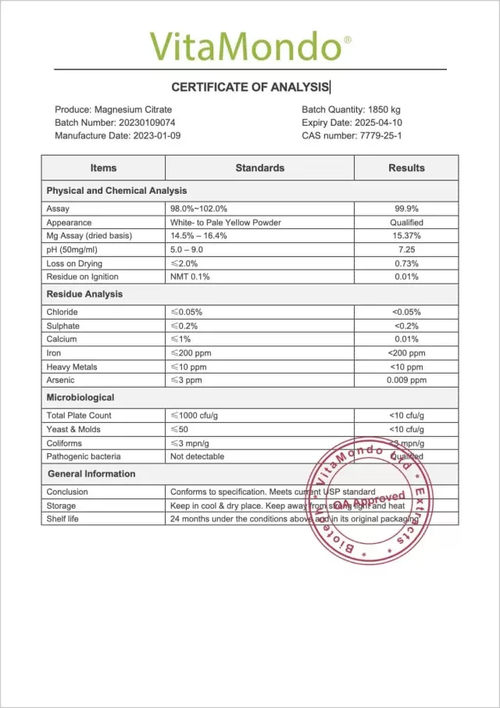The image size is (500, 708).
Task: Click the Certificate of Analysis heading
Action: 250,88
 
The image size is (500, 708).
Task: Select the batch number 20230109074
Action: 147,123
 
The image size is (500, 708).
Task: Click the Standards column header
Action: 260,168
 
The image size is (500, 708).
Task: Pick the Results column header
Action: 406,168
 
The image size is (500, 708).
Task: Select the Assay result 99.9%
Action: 406,209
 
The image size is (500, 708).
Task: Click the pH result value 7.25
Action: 406,249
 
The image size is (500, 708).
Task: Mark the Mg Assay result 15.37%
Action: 406,236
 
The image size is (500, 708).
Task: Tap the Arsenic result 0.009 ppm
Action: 406,380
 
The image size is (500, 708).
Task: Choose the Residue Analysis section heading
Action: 84,294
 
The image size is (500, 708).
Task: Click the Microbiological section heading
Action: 80,397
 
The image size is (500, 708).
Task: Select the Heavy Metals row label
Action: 73,367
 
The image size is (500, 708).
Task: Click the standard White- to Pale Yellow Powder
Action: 225,223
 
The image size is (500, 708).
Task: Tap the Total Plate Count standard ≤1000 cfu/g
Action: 199,415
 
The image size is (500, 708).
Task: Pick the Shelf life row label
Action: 62,519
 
